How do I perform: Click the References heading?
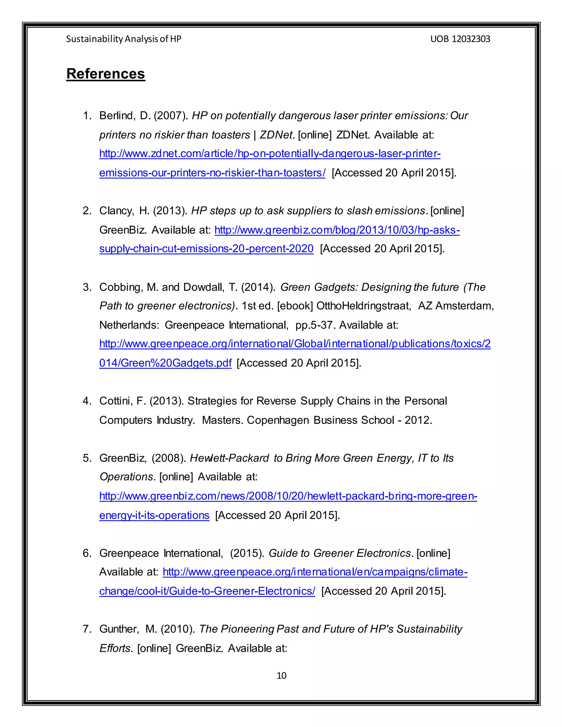pyautogui.click(x=106, y=74)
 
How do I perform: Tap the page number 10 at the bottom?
pyautogui.click(x=281, y=675)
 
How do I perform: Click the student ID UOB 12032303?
pyautogui.click(x=460, y=39)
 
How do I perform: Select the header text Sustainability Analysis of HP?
pyautogui.click(x=123, y=39)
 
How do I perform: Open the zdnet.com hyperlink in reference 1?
pyautogui.click(x=270, y=154)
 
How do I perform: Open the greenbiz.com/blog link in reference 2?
pyautogui.click(x=337, y=230)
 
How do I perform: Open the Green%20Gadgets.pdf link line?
pyautogui.click(x=165, y=363)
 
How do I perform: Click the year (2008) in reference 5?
pyautogui.click(x=169, y=458)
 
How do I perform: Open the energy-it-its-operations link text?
pyautogui.click(x=154, y=515)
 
